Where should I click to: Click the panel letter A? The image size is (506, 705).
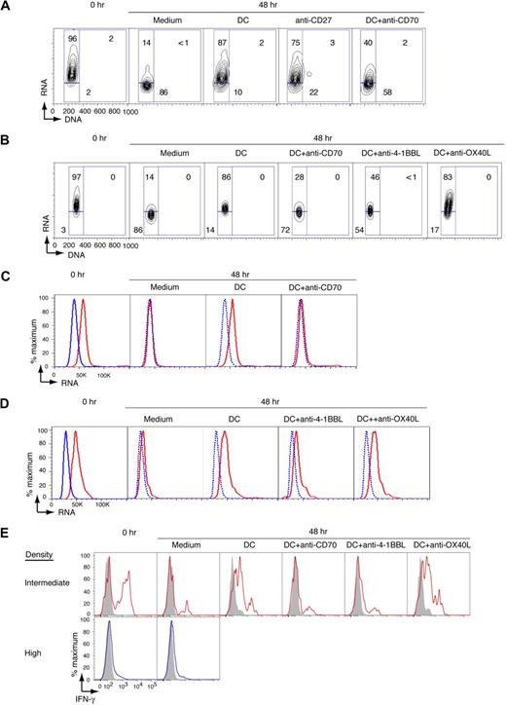(x=7, y=8)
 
